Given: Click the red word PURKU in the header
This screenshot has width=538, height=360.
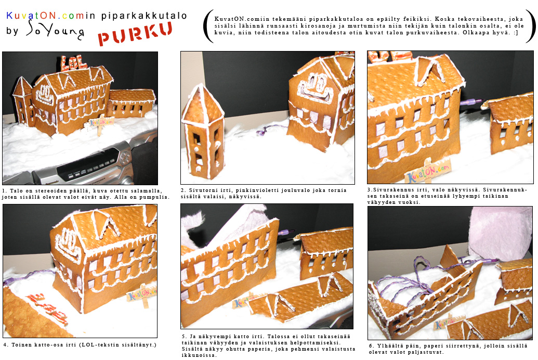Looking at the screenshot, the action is coord(135,33).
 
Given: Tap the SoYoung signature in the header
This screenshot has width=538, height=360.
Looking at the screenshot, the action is coord(55,30).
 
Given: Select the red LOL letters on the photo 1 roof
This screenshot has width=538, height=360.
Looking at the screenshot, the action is coord(74,62).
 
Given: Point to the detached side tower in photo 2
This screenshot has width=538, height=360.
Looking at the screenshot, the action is coord(203,133).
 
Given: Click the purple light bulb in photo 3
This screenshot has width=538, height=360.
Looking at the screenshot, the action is coord(469,101).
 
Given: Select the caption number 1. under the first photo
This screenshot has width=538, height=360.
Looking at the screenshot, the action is coord(4,191).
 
